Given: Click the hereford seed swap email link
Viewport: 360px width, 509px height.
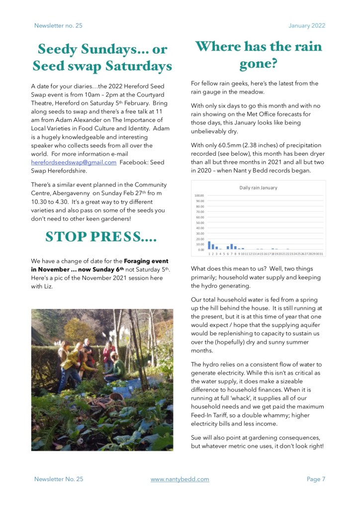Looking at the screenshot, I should pyautogui.click(x=74, y=162).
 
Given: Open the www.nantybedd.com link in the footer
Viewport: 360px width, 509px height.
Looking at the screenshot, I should pyautogui.click(x=180, y=479).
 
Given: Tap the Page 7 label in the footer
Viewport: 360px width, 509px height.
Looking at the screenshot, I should pyautogui.click(x=316, y=479).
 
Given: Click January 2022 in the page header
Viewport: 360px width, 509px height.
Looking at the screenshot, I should pyautogui.click(x=307, y=25).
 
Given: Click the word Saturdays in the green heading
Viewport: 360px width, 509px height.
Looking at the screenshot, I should pyautogui.click(x=134, y=66).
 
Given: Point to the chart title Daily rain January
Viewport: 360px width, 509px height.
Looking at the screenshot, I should pyautogui.click(x=258, y=188).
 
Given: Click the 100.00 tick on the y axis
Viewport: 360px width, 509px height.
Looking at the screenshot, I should pyautogui.click(x=199, y=196).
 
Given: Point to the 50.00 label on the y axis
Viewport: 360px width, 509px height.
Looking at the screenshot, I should pyautogui.click(x=199, y=222).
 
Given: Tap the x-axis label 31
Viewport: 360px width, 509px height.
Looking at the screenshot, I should pyautogui.click(x=321, y=254).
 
